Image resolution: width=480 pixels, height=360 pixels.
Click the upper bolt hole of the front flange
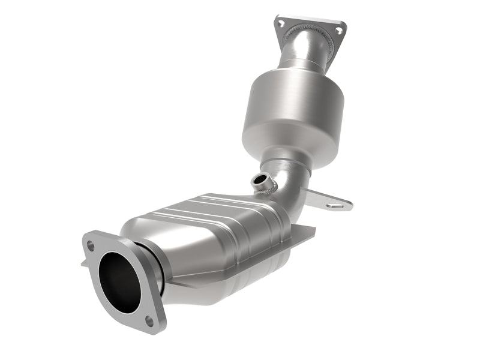[91, 245]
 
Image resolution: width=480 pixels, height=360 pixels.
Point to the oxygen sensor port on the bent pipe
[259, 179]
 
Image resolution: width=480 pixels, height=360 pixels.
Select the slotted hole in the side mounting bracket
[337, 205]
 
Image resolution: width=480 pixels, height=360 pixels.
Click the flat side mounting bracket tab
[327, 200]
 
